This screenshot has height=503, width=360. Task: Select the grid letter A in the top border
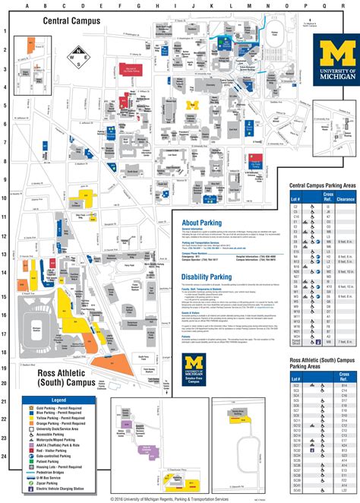(27, 5)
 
